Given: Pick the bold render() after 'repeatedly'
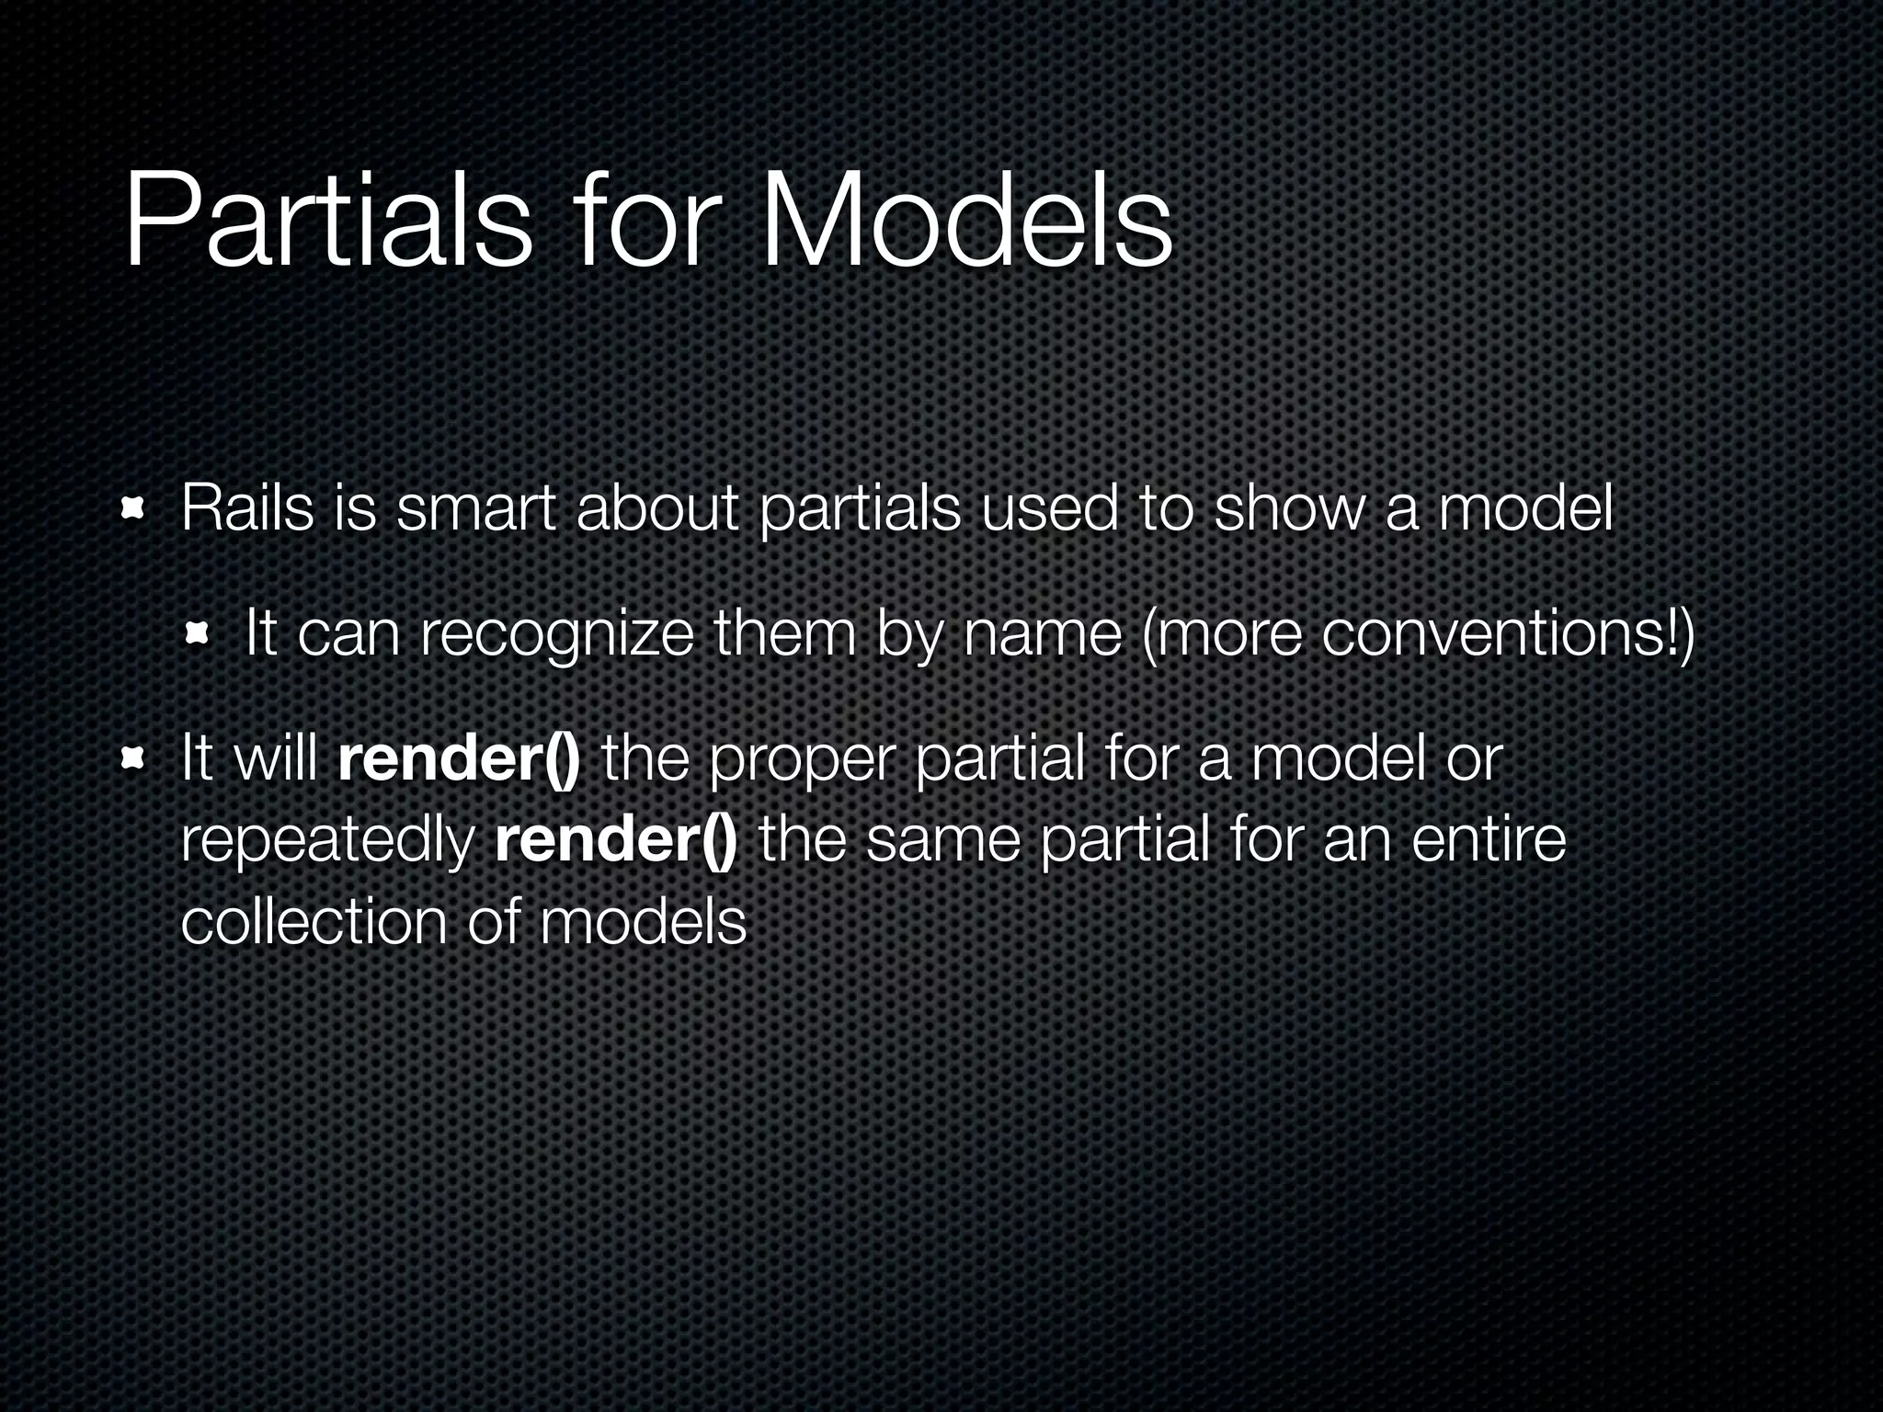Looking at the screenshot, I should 615,839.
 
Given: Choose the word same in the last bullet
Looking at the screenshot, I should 941,839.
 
